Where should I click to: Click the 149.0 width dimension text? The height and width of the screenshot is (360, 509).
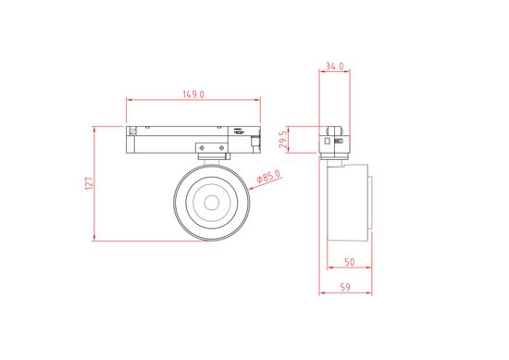pos(193,93)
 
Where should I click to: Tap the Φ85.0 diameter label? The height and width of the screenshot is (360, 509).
pos(267,177)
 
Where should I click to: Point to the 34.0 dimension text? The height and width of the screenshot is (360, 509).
pos(335,67)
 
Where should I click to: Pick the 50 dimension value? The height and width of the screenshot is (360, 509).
pos(350,263)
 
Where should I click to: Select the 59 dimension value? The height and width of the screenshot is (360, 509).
pos(344,287)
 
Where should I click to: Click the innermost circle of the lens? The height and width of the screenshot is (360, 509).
pos(211,201)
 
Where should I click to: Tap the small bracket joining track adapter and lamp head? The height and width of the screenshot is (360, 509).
pos(211,149)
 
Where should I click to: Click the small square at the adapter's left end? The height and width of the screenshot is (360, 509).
pos(134,130)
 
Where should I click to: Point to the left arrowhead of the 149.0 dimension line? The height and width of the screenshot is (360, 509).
pos(129,100)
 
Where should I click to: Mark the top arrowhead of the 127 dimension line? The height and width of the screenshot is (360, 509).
pos(96,129)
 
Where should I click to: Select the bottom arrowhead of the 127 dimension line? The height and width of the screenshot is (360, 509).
pos(96,240)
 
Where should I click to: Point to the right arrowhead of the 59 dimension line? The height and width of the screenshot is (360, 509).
pos(376,294)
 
